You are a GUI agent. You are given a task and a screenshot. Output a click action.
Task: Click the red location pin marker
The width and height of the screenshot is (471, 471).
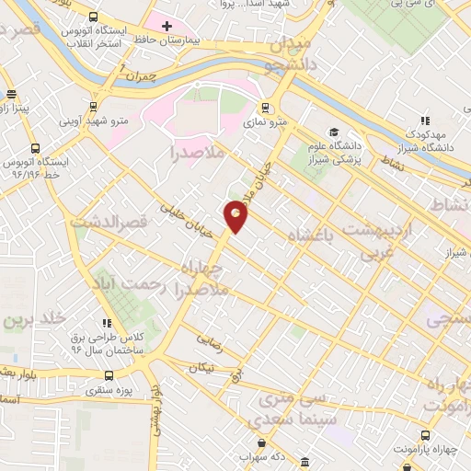236,215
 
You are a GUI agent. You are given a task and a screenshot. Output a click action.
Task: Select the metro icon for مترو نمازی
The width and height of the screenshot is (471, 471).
265,107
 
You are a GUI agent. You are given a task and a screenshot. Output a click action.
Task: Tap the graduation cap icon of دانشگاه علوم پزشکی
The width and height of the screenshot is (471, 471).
333,132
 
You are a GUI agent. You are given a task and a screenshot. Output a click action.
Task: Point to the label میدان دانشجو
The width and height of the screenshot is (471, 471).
293,53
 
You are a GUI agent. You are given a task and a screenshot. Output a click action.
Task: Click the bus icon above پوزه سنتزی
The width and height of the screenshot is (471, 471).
110,375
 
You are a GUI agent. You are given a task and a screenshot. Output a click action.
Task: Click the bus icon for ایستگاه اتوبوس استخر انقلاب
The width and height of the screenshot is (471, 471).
93,17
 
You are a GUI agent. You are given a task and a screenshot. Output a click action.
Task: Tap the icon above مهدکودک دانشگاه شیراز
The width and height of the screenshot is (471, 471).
424,121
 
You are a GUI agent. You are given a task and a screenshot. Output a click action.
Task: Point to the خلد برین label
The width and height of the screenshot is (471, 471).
35,320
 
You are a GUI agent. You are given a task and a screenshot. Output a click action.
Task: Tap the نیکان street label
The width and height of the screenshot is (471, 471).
202,367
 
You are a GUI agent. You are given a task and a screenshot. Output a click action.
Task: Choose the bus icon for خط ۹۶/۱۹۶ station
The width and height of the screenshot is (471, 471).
35,148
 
